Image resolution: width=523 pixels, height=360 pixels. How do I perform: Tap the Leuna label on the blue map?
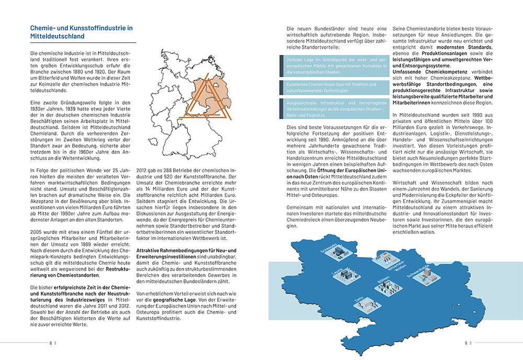(337, 272)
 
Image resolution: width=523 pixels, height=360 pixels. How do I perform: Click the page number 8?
(51, 343)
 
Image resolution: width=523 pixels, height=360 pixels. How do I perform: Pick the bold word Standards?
(476, 46)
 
